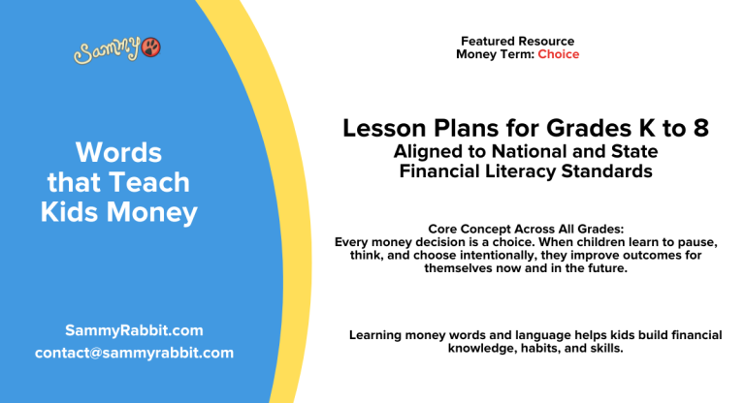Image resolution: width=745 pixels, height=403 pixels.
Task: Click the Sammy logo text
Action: [107, 49]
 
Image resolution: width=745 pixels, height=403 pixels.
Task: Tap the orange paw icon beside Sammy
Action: [151, 46]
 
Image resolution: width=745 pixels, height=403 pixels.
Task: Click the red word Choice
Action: [559, 54]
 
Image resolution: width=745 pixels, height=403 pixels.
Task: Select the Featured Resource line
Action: [517, 42]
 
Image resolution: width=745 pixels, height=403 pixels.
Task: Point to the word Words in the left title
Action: [118, 152]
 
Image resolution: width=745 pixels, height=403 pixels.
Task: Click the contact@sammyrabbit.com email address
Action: [134, 353]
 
